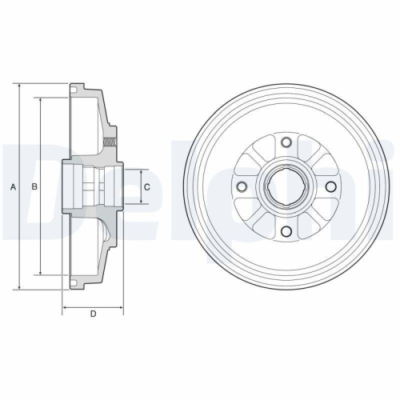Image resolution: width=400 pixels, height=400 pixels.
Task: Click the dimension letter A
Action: (x=13, y=187)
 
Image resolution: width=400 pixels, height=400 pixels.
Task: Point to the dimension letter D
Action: (x=93, y=314)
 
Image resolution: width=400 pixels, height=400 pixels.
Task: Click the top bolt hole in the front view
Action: (x=285, y=142)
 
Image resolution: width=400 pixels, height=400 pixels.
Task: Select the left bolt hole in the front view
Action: (x=240, y=187)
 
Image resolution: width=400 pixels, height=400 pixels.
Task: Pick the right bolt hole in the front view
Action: (x=330, y=187)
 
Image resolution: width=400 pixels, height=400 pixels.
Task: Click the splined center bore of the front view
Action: (x=285, y=187)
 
